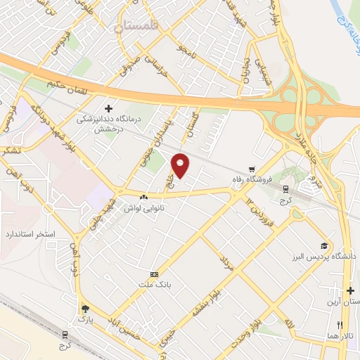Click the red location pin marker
pyautogui.click(x=181, y=166)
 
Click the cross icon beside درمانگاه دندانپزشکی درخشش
pyautogui.click(x=108, y=108)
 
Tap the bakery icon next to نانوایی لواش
pyautogui.click(x=144, y=198)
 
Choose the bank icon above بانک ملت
pyautogui.click(x=155, y=274)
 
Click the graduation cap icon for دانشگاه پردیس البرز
pyautogui.click(x=324, y=246)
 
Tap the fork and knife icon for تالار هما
pyautogui.click(x=340, y=325)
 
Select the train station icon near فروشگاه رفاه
pyautogui.click(x=285, y=188)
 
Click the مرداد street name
pyautogui.click(x=226, y=264)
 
